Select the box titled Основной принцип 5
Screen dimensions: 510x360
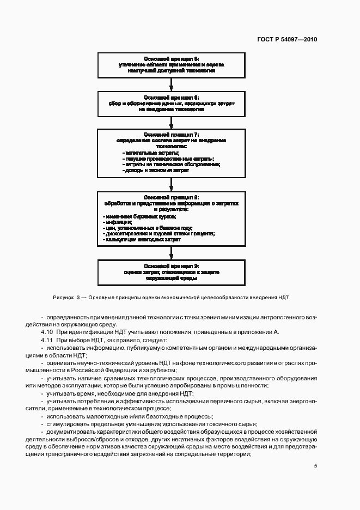pyautogui.click(x=172, y=65)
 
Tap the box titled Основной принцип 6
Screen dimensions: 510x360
pyautogui.click(x=172, y=103)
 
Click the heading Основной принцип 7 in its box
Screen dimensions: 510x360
pyautogui.click(x=172, y=134)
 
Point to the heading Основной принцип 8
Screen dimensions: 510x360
pyautogui.click(x=172, y=197)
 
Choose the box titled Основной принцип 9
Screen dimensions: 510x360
pyautogui.click(x=172, y=271)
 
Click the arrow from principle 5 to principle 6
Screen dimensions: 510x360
pyautogui.click(x=172, y=84)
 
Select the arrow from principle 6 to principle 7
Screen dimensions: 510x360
pyautogui.click(x=172, y=122)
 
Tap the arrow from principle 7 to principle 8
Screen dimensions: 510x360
pyautogui.click(x=172, y=185)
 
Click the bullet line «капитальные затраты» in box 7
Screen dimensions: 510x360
pyautogui.click(x=148, y=153)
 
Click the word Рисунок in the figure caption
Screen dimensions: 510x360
pyautogui.click(x=63, y=298)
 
